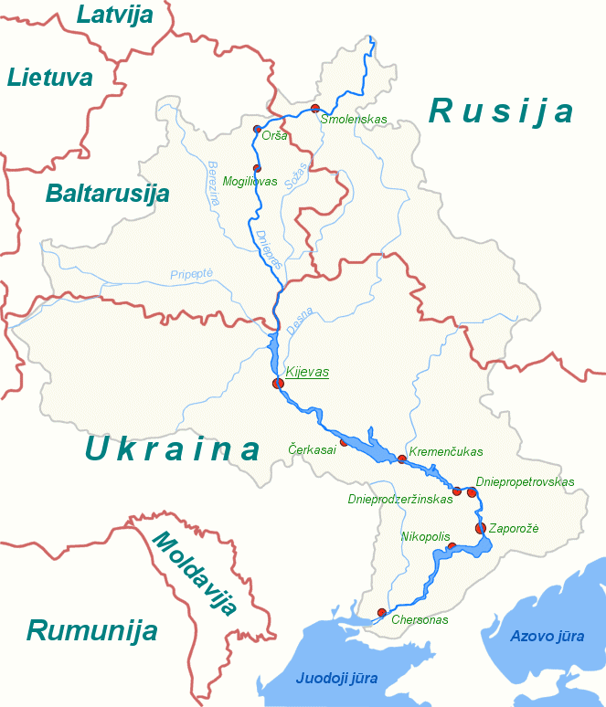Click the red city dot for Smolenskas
click(x=315, y=109)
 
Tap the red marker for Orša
click(x=257, y=130)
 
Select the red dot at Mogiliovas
click(x=257, y=168)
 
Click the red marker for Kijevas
click(x=277, y=383)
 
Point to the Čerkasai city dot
click(x=344, y=442)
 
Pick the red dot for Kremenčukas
click(x=401, y=459)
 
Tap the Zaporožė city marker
click(x=481, y=528)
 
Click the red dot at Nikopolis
click(x=452, y=546)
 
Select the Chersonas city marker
click(x=381, y=612)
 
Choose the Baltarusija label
click(x=107, y=194)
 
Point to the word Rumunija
click(x=91, y=630)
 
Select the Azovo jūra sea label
click(x=545, y=635)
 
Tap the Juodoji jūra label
click(x=336, y=678)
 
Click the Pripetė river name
click(x=191, y=274)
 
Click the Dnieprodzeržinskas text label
click(x=399, y=500)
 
